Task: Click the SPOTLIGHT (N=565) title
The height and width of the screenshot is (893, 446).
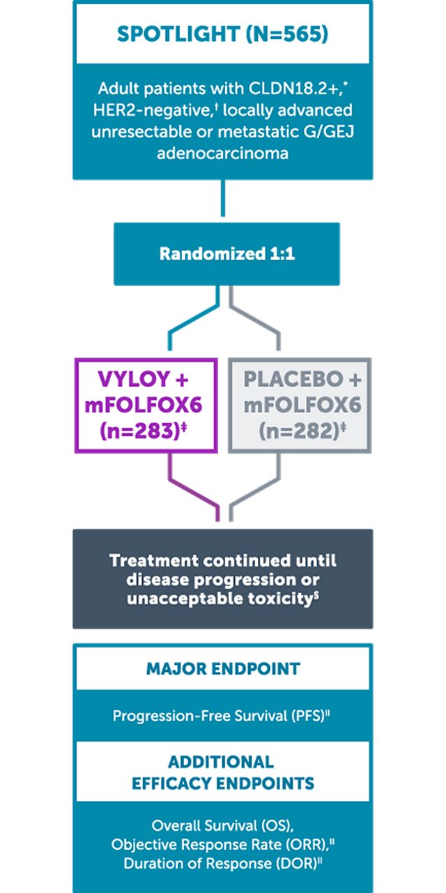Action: [222, 34]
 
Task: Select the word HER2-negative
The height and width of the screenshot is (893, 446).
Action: [154, 110]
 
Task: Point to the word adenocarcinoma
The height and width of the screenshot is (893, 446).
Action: [222, 153]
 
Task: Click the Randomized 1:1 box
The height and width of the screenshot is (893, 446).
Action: [227, 254]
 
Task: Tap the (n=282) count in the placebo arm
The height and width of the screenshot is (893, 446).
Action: [300, 431]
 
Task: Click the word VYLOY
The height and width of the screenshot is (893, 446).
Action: [134, 379]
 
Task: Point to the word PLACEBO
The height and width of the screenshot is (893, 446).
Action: [293, 379]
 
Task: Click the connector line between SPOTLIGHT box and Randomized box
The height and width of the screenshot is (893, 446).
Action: [223, 198]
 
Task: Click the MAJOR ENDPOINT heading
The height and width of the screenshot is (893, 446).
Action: [223, 669]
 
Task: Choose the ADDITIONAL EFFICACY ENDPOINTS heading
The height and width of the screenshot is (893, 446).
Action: [223, 772]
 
